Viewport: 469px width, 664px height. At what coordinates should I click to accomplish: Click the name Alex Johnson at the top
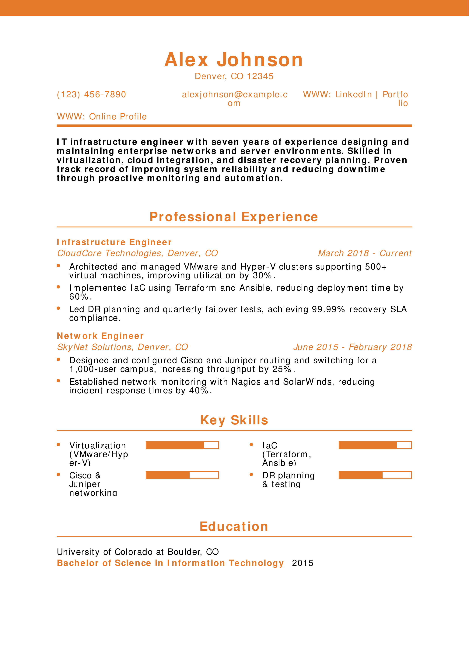click(234, 60)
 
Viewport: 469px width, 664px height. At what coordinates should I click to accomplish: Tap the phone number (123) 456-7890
click(91, 95)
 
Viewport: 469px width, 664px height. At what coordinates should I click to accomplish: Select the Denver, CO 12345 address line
click(234, 76)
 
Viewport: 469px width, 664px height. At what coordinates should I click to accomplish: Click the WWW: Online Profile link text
click(102, 117)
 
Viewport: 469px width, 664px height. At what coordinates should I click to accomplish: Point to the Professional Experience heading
click(234, 217)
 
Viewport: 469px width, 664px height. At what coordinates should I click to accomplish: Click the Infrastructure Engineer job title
click(114, 242)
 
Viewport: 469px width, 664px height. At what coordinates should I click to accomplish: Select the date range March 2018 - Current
click(365, 253)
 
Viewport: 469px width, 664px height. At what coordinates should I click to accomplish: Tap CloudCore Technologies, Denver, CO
click(137, 253)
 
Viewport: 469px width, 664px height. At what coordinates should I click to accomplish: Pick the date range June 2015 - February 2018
click(352, 347)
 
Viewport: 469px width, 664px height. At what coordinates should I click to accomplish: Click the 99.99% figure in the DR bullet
click(328, 309)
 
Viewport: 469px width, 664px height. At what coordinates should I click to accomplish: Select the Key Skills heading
click(234, 420)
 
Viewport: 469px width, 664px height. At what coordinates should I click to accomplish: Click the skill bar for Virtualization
click(182, 445)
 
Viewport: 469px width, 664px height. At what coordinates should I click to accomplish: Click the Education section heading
click(234, 527)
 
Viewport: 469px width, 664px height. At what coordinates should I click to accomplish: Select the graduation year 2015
click(303, 563)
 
